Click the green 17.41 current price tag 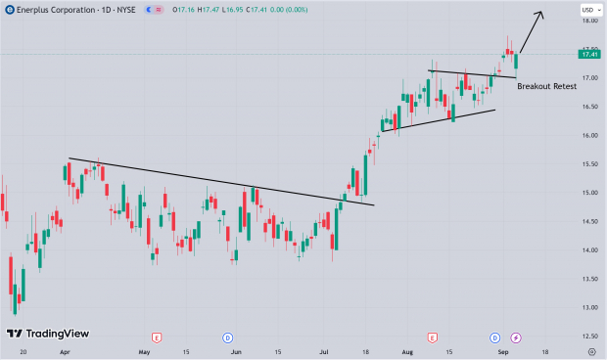(588, 55)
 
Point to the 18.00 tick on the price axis (588, 21)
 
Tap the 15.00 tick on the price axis (588, 193)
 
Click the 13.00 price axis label (588, 307)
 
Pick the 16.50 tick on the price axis (588, 107)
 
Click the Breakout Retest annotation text (546, 86)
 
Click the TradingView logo (49, 334)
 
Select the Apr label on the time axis (65, 350)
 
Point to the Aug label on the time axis (406, 350)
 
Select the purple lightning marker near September (517, 337)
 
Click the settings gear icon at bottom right (591, 349)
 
